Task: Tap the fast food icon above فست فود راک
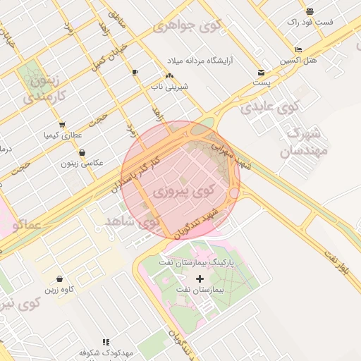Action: [310, 11]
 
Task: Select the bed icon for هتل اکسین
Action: [298, 49]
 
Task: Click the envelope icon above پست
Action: [262, 72]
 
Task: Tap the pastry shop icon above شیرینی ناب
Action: [169, 75]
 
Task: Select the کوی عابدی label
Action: [270, 108]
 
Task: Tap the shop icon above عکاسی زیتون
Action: [82, 152]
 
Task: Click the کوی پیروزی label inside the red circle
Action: [182, 191]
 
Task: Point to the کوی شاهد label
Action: [133, 222]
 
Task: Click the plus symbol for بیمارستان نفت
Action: [200, 279]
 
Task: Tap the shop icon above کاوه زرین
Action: [59, 279]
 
